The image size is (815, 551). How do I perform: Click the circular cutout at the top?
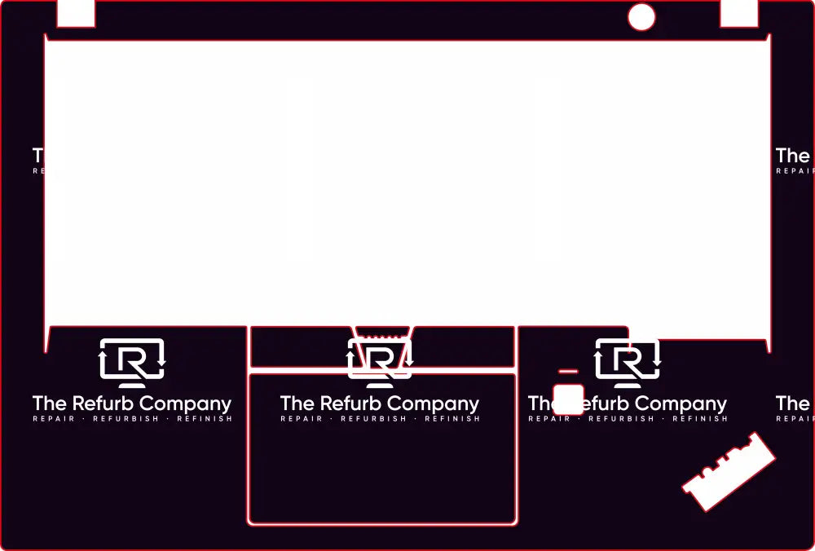tap(641, 17)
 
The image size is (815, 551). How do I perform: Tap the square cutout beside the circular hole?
tap(739, 13)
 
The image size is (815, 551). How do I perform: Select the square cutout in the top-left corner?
tap(76, 13)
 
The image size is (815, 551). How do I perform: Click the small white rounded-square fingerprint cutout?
tap(568, 399)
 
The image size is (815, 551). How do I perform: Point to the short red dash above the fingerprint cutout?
tap(568, 372)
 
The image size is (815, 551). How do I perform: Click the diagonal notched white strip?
tap(729, 472)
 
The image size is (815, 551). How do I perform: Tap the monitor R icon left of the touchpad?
tap(132, 362)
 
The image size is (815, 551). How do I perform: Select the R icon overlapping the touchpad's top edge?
tap(380, 362)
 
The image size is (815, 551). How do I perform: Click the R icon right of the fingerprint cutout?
tap(628, 362)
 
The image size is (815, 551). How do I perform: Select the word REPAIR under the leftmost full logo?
tap(54, 419)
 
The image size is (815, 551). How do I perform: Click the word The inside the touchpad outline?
tap(297, 403)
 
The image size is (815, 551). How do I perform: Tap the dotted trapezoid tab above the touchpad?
tap(383, 333)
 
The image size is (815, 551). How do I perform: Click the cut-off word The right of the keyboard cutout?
tap(793, 155)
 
